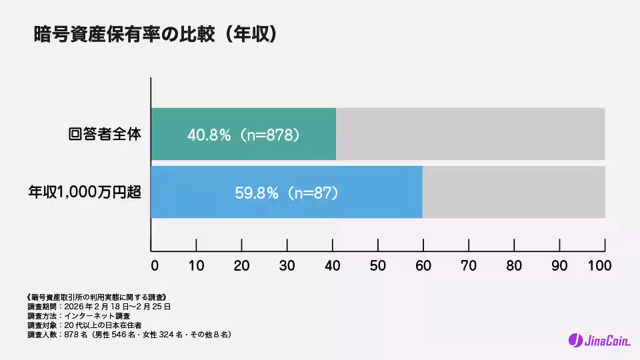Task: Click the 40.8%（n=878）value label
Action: pos(243,134)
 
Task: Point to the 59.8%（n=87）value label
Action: pos(287,193)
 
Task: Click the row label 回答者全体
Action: pos(105,133)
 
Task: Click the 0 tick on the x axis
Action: pos(155,265)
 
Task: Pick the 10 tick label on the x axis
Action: pos(197,265)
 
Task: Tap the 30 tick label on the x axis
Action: pos(287,265)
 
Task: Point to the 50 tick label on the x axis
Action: pos(378,265)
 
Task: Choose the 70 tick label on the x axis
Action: pos(469,265)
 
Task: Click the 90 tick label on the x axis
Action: pos(559,265)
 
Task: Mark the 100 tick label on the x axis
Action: pos(599,265)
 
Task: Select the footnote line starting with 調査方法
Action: pos(79,315)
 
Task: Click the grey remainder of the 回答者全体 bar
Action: pos(470,134)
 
